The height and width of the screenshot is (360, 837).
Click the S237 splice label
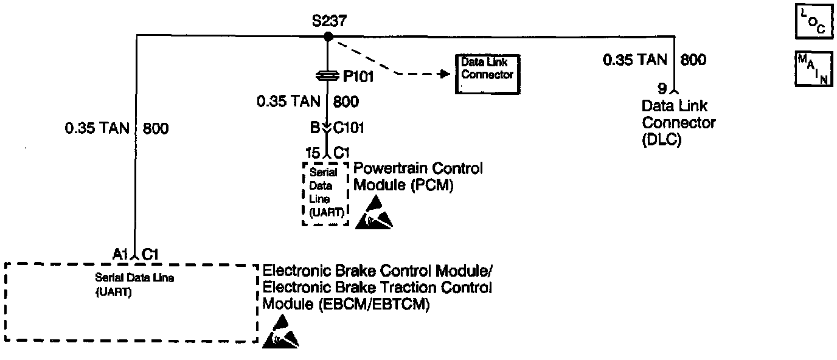[329, 21]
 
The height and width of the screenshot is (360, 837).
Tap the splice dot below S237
[328, 37]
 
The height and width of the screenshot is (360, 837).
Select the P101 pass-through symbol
[328, 76]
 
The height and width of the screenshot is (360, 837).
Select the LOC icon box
[814, 22]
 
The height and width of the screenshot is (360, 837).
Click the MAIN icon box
[814, 68]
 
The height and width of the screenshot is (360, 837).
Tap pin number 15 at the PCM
[313, 152]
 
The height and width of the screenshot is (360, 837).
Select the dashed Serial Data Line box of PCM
[326, 193]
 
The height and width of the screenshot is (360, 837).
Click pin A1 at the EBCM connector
[120, 254]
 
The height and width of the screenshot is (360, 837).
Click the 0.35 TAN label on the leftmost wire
[97, 128]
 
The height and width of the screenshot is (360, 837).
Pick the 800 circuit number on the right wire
[693, 60]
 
